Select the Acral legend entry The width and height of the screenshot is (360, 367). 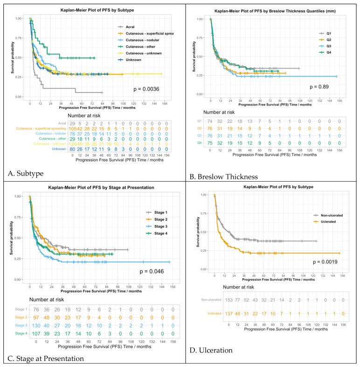point(129,27)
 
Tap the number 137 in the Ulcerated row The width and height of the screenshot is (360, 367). point(215,326)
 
